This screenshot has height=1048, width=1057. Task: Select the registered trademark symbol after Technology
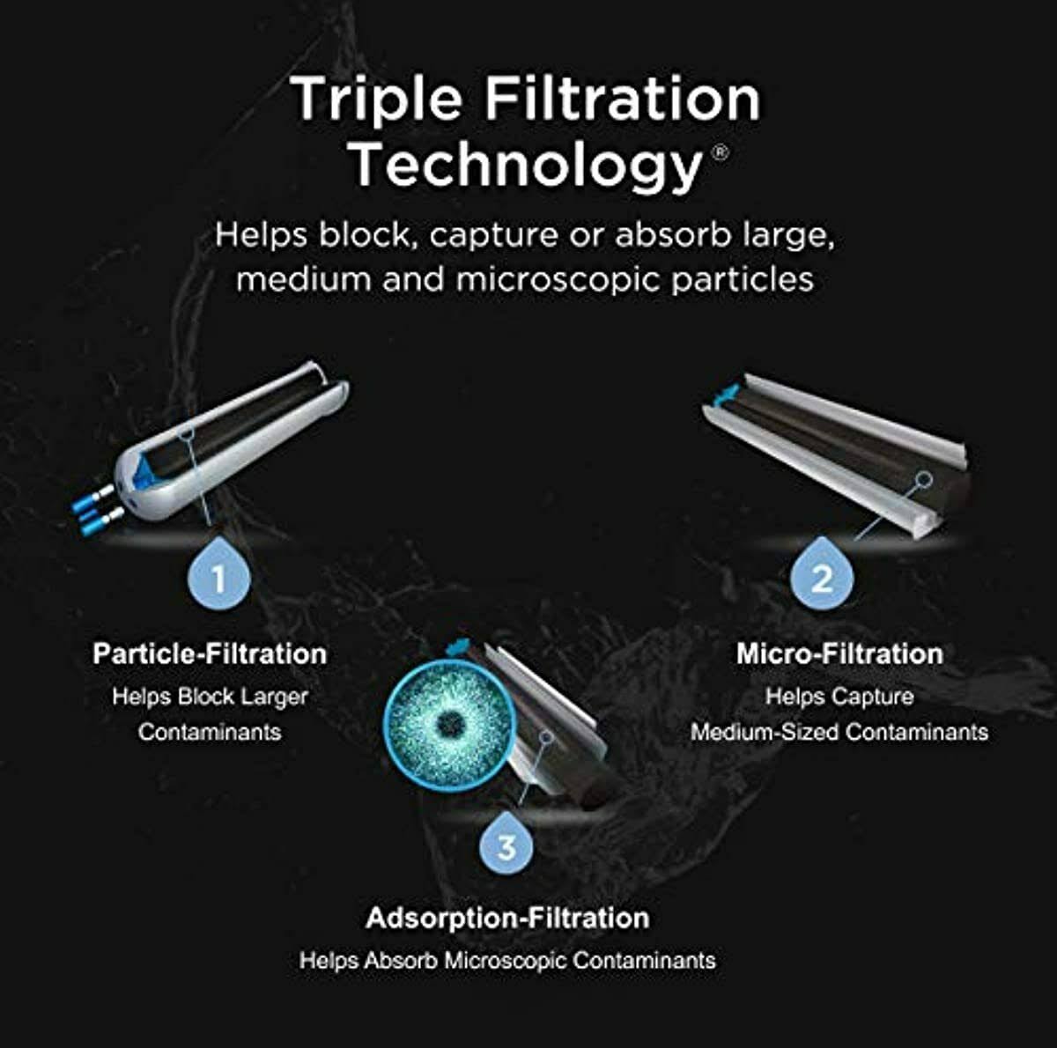pyautogui.click(x=720, y=152)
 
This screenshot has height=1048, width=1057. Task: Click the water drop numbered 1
pyautogui.click(x=218, y=576)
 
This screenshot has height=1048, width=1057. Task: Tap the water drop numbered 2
pyautogui.click(x=821, y=576)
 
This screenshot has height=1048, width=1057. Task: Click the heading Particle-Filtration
pyautogui.click(x=210, y=654)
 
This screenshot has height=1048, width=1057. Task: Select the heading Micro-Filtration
pyautogui.click(x=839, y=654)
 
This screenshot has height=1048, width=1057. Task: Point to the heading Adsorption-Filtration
pyautogui.click(x=507, y=918)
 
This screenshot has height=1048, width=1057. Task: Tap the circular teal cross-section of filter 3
pyautogui.click(x=449, y=723)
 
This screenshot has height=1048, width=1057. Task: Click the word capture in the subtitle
pyautogui.click(x=493, y=236)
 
